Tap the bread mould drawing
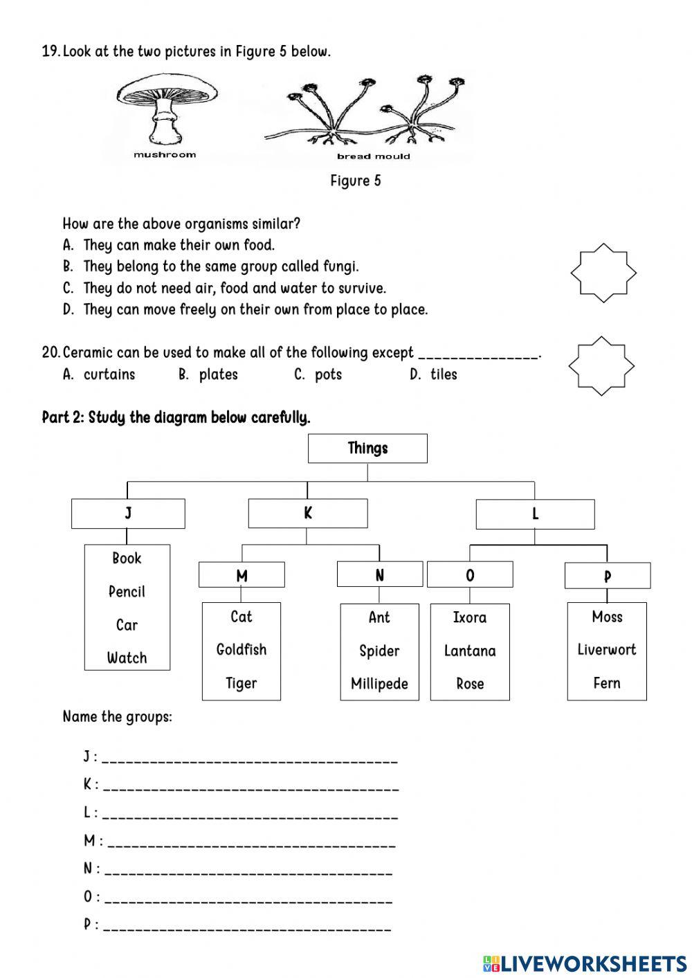click(x=367, y=114)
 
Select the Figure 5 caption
click(x=356, y=181)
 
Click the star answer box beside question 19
click(x=603, y=273)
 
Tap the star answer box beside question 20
click(x=601, y=365)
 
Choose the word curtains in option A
click(x=109, y=374)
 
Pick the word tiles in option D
click(x=444, y=374)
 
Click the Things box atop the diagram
click(x=367, y=449)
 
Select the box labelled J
click(x=128, y=514)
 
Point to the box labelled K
click(x=308, y=514)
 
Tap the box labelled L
click(x=535, y=514)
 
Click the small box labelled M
click(x=242, y=575)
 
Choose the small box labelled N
click(x=379, y=574)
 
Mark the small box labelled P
click(x=607, y=576)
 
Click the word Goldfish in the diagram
click(x=241, y=650)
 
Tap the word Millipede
click(x=379, y=684)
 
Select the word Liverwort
click(x=606, y=650)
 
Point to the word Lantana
click(x=470, y=651)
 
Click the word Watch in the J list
click(x=127, y=658)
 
